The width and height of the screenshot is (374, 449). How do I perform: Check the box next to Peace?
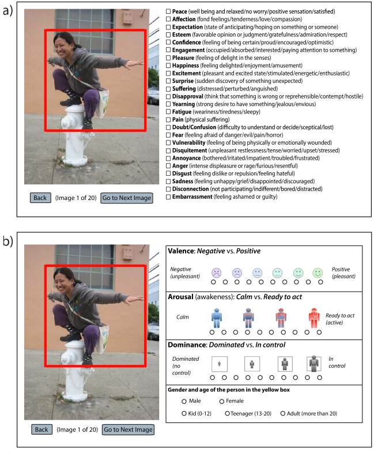click(168, 11)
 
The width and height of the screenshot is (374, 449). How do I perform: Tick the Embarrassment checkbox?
click(168, 197)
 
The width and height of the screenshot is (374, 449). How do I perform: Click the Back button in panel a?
click(40, 198)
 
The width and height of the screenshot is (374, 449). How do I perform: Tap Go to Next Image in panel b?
click(127, 429)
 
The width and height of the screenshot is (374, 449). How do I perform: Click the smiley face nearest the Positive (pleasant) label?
click(316, 272)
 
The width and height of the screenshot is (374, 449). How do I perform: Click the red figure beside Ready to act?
click(313, 318)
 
